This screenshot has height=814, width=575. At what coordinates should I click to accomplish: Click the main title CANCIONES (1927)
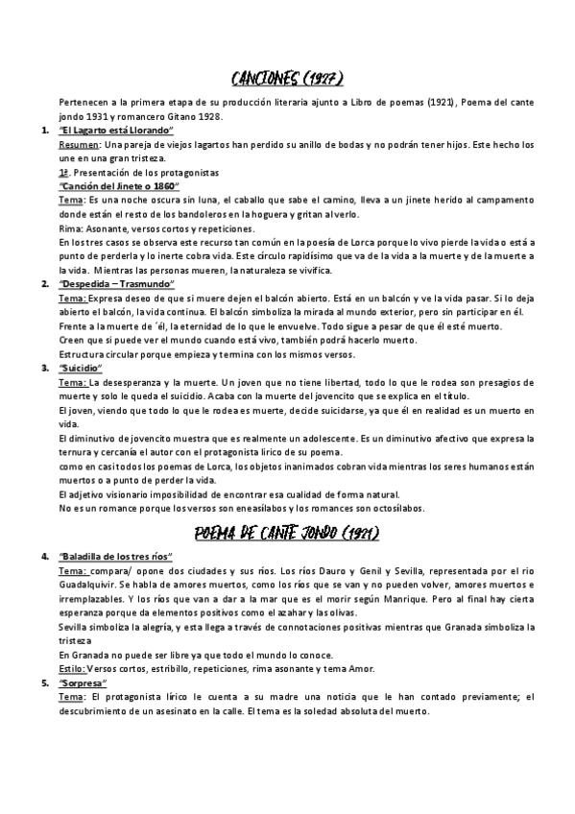(x=288, y=77)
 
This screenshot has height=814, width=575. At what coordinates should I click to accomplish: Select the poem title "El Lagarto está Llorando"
(x=115, y=130)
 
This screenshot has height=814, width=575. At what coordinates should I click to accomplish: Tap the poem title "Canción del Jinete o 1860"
(x=119, y=185)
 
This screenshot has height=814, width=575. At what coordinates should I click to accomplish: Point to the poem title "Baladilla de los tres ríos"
(x=115, y=557)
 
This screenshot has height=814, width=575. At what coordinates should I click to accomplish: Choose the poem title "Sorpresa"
(x=83, y=683)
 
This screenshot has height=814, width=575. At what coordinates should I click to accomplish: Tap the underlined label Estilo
(x=73, y=669)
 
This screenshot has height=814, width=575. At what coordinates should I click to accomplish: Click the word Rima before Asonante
(x=70, y=228)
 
